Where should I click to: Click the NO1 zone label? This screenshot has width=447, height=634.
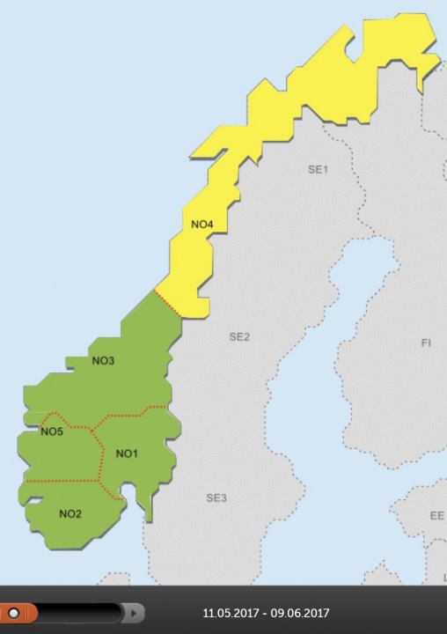point(127,454)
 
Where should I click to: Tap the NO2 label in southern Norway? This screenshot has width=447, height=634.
point(70,514)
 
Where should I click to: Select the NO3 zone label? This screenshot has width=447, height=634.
point(103,361)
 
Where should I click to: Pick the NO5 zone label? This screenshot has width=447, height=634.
point(52,432)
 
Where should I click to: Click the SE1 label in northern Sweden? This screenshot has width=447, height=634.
point(317,169)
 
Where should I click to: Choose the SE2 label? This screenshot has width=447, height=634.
point(239,337)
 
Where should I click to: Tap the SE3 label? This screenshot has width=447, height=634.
point(216,498)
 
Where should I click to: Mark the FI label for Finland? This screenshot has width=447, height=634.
point(426,342)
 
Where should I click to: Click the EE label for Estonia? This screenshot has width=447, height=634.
point(436,516)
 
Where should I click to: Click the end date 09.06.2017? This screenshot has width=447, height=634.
point(301,614)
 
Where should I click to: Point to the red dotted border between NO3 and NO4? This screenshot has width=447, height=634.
point(167,302)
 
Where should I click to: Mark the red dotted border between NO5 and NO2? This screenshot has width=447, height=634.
point(62,481)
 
